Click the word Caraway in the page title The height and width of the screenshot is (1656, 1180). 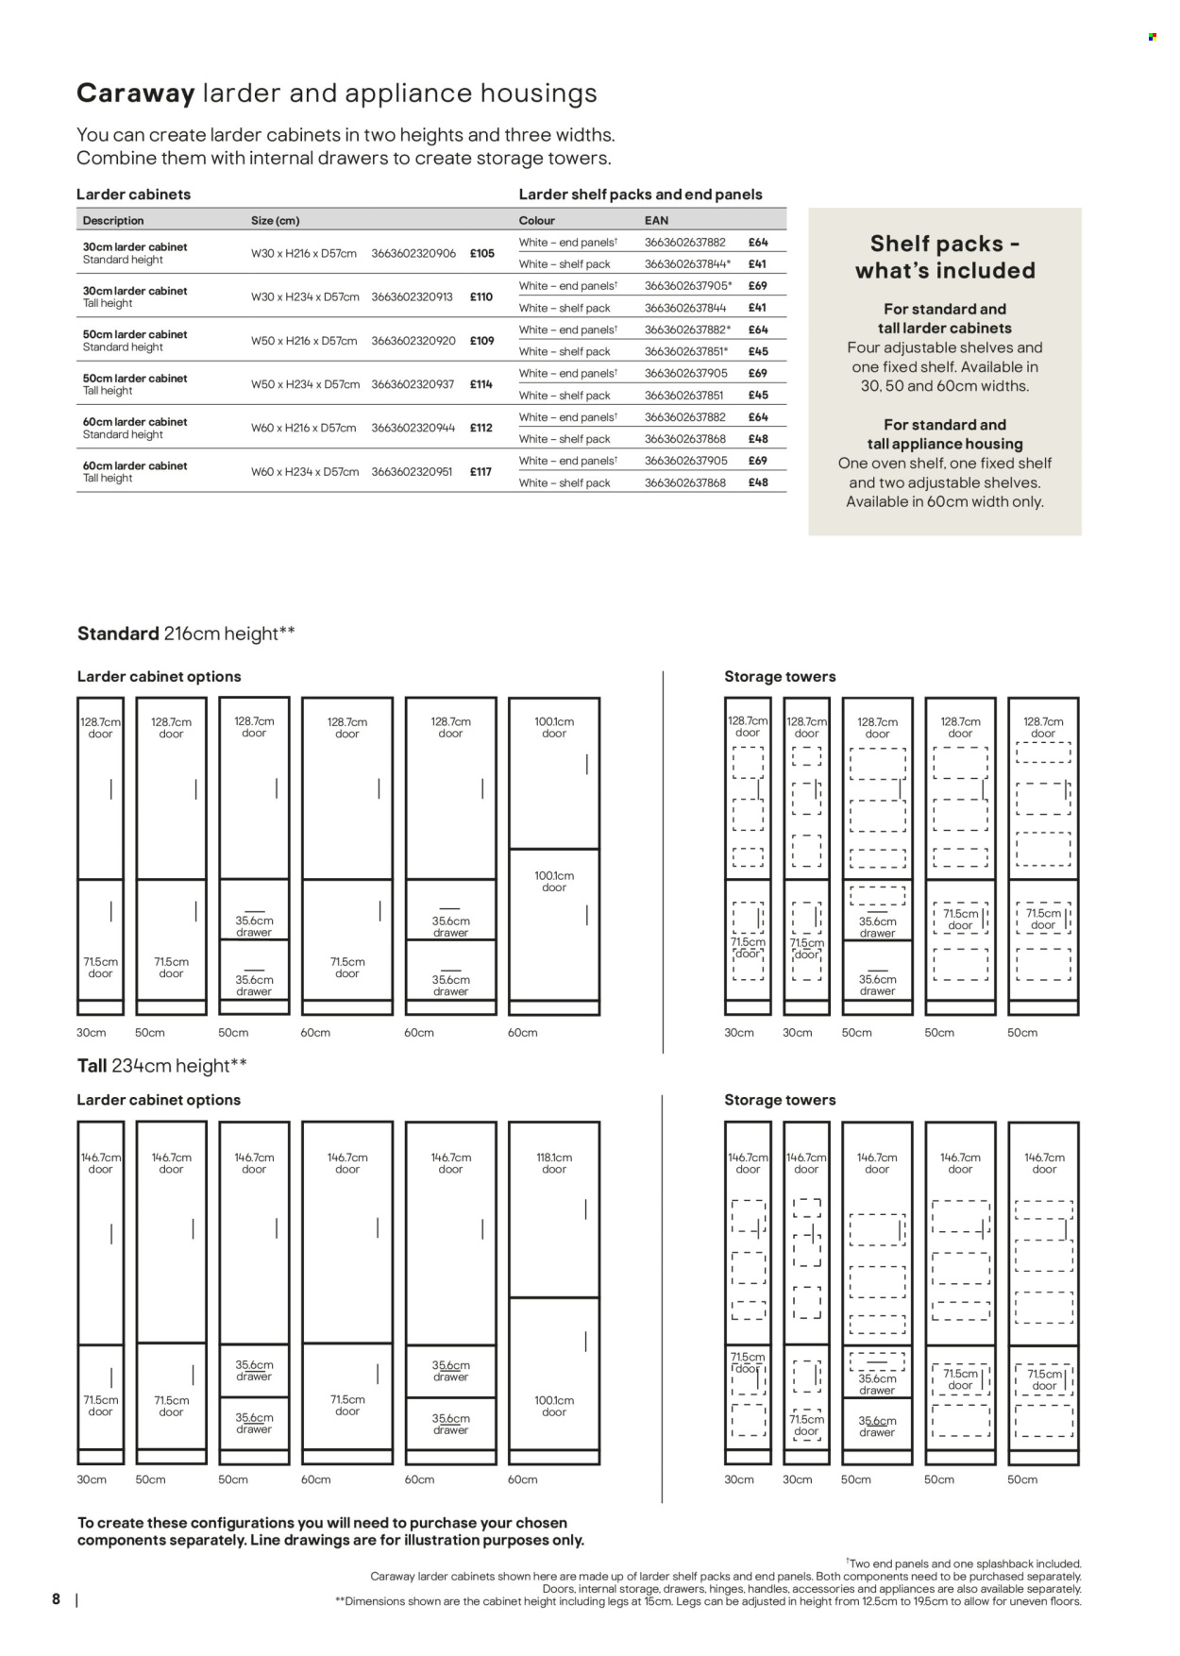tap(135, 93)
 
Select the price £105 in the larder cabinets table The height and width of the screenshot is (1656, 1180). tap(481, 253)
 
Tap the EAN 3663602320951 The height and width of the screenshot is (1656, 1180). tap(413, 472)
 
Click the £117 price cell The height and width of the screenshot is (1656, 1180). tap(480, 472)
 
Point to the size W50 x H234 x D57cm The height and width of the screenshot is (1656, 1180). tap(305, 384)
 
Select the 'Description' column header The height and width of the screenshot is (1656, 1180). tap(113, 221)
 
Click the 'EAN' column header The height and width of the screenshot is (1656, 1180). tap(656, 221)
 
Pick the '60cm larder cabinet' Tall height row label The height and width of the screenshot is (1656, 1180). tap(135, 466)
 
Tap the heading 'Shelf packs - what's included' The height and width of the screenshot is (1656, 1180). tap(945, 257)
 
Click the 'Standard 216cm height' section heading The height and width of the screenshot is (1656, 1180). tap(186, 634)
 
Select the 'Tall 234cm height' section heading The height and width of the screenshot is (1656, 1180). tap(161, 1066)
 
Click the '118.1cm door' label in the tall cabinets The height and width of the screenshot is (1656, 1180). tap(554, 1163)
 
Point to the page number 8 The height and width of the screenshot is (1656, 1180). tap(56, 1599)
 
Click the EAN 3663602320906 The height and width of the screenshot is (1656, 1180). tap(413, 253)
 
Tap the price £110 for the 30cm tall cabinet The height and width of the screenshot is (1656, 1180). tap(481, 296)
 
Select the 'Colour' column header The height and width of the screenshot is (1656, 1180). tap(537, 221)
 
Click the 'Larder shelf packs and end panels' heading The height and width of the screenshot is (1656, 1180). tap(640, 194)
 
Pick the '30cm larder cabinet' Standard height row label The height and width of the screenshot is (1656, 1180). tap(135, 247)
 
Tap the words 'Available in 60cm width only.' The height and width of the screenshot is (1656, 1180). tap(944, 502)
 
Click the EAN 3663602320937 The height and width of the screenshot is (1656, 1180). tap(413, 384)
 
